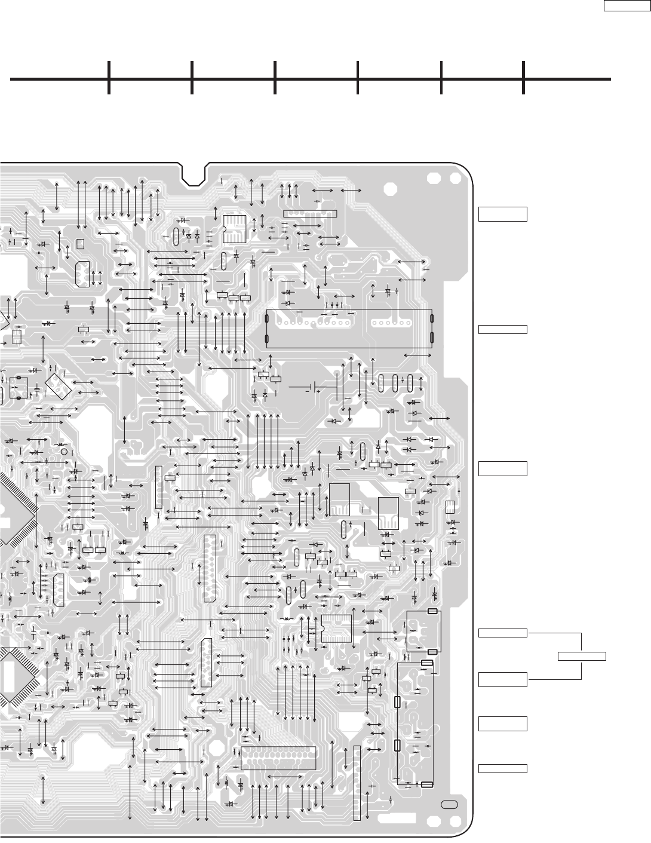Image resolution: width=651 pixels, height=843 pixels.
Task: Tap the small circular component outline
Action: pyautogui.click(x=64, y=451)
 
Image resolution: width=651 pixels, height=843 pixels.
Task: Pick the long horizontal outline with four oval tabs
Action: pyautogui.click(x=349, y=329)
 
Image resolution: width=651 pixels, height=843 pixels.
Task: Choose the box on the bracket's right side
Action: pyautogui.click(x=582, y=656)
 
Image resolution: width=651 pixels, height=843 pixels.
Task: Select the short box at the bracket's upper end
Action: pyautogui.click(x=503, y=632)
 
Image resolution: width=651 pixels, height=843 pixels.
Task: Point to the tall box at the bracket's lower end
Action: pyautogui.click(x=503, y=679)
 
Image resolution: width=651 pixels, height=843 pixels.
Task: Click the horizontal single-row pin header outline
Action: pyautogui.click(x=309, y=213)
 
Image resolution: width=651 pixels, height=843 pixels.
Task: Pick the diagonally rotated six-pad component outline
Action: pyautogui.click(x=59, y=381)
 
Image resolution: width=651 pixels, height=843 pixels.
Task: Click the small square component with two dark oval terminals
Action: pyautogui.click(x=19, y=388)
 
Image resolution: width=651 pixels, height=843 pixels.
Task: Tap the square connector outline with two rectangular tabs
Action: pyautogui.click(x=423, y=631)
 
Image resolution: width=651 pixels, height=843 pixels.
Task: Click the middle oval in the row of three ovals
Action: pyautogui.click(x=395, y=382)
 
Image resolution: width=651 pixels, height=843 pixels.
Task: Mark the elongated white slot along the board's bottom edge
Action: pyautogui.click(x=394, y=816)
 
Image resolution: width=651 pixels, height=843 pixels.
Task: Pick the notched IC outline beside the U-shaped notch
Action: pyautogui.click(x=232, y=228)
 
